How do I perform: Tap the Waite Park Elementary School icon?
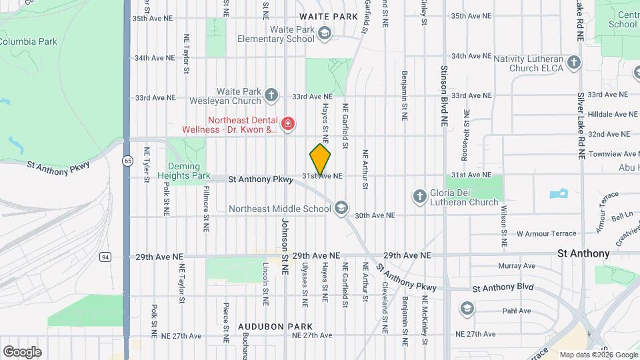coord(325,34)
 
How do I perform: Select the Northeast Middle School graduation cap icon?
coord(341,209)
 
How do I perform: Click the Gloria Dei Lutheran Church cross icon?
coord(419,196)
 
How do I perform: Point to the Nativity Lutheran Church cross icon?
coord(575,63)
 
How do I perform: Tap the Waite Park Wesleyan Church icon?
coord(271,95)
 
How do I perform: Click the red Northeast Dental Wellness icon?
coord(288,124)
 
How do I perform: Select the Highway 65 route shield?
coord(127,161)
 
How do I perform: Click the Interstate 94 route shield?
coord(105,257)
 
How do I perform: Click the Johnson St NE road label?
coord(285,247)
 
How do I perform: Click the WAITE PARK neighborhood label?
coord(329,15)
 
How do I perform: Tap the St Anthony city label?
coord(583,253)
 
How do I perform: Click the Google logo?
coord(22,351)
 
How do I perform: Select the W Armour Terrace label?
coord(546,234)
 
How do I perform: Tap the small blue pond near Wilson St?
coord(557,195)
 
